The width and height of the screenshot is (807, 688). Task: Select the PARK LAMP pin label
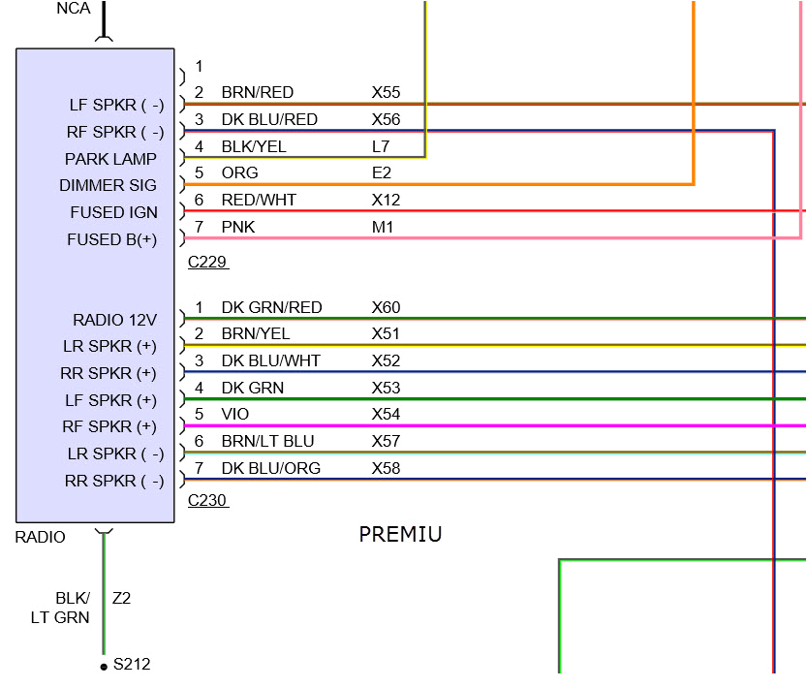pos(110,159)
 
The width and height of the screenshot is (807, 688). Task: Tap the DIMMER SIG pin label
pos(108,185)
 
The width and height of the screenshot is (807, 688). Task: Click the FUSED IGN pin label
pos(113,212)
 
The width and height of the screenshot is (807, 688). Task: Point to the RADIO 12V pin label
pos(114,320)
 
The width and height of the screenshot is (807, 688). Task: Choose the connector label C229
pos(208,262)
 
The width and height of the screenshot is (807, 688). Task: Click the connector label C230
pos(208,500)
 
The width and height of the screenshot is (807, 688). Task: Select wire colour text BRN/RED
pos(257,93)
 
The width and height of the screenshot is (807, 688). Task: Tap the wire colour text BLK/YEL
pos(254,146)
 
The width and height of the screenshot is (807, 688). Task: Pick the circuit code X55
pos(386,93)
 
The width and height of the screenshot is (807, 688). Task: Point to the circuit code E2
pos(381,172)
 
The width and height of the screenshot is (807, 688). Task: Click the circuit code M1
pos(382,227)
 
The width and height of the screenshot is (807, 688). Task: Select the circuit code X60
pos(386,307)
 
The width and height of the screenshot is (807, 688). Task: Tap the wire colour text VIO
pos(235,414)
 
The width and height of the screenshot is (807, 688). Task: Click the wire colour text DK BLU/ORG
pos(270,468)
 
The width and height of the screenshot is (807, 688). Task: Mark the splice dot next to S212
pos(104,667)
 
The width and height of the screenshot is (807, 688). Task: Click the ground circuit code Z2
pos(121,598)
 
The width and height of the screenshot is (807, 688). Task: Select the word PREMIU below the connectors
pos(400,534)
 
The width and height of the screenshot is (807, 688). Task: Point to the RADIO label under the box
pos(41,537)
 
